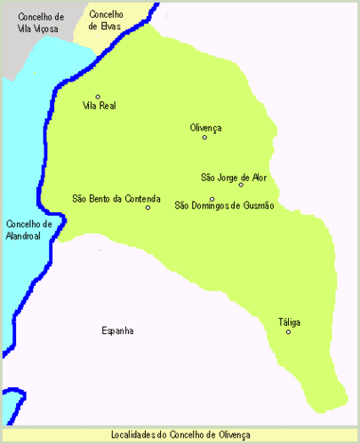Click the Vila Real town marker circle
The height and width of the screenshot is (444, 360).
98,96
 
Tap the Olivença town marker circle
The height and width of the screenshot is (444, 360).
204,138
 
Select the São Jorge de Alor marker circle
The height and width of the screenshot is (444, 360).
241,185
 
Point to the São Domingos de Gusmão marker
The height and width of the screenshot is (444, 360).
212,199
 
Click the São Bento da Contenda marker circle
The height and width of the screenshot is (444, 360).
148,208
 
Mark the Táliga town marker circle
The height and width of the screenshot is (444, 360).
288,332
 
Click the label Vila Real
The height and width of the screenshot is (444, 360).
99,106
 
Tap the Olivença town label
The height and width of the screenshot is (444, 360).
205,128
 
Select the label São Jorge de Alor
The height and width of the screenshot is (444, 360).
235,177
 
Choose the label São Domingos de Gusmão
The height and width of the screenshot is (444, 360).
224,207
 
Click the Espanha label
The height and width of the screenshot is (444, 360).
117,330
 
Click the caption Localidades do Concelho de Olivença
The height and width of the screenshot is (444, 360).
180,434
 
